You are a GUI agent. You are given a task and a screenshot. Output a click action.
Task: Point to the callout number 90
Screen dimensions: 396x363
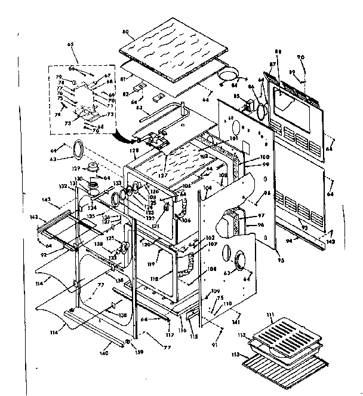tap(301, 57)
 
